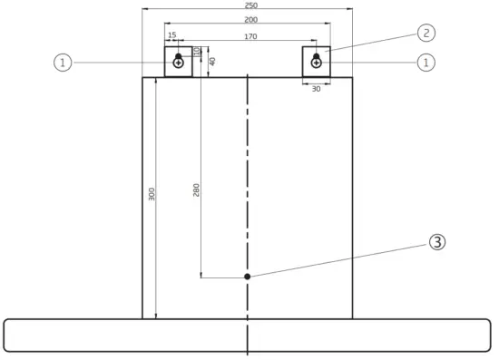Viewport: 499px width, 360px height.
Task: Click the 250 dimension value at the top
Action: (x=247, y=5)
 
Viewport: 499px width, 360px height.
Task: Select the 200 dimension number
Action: (x=247, y=19)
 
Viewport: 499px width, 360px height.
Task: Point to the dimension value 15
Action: (x=171, y=36)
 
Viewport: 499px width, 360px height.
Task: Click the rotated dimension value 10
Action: (x=196, y=51)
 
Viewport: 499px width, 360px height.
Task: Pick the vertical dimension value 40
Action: (x=212, y=61)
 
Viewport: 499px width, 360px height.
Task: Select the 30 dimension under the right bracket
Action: (x=316, y=89)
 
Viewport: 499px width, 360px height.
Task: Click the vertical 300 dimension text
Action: (x=152, y=194)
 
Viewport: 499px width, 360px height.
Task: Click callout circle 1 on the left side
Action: (x=62, y=63)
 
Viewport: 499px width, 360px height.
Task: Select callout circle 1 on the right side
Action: (x=424, y=63)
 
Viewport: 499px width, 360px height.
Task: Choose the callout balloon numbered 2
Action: (x=426, y=33)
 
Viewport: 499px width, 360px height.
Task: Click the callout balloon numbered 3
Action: (x=437, y=242)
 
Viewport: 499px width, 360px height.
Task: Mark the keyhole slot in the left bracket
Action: (x=179, y=61)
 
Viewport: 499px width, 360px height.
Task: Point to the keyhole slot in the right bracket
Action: (x=316, y=61)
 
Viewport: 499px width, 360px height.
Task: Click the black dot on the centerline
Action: (x=247, y=277)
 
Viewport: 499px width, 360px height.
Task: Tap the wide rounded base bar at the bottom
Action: (x=91, y=335)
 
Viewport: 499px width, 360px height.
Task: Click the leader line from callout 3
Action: (x=345, y=258)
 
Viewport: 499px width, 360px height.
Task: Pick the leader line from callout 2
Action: (x=372, y=41)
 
